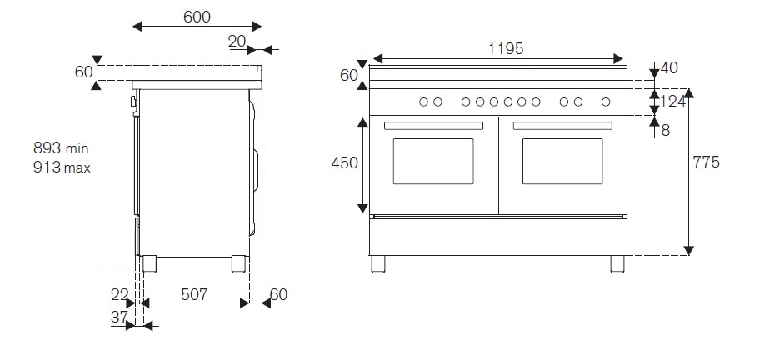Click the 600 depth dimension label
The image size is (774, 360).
coord(197,17)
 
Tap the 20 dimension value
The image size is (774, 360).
coord(237,41)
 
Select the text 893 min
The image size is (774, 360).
coord(61,148)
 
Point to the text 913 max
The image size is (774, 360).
coord(61,167)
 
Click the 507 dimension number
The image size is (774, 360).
coord(193,294)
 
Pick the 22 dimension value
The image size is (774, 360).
coord(119,294)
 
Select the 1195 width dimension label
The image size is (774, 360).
coord(505,49)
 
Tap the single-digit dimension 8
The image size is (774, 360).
coord(665,129)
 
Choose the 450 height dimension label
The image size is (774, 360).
coord(344,162)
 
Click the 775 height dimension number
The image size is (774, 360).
coord(706,162)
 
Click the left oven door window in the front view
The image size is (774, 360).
coord(432,162)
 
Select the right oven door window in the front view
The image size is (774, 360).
coord(562,162)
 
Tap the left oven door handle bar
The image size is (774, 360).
coord(433,126)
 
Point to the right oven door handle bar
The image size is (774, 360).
coord(562,126)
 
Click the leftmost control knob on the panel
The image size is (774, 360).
coord(422,102)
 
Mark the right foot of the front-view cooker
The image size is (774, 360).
coord(617,263)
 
